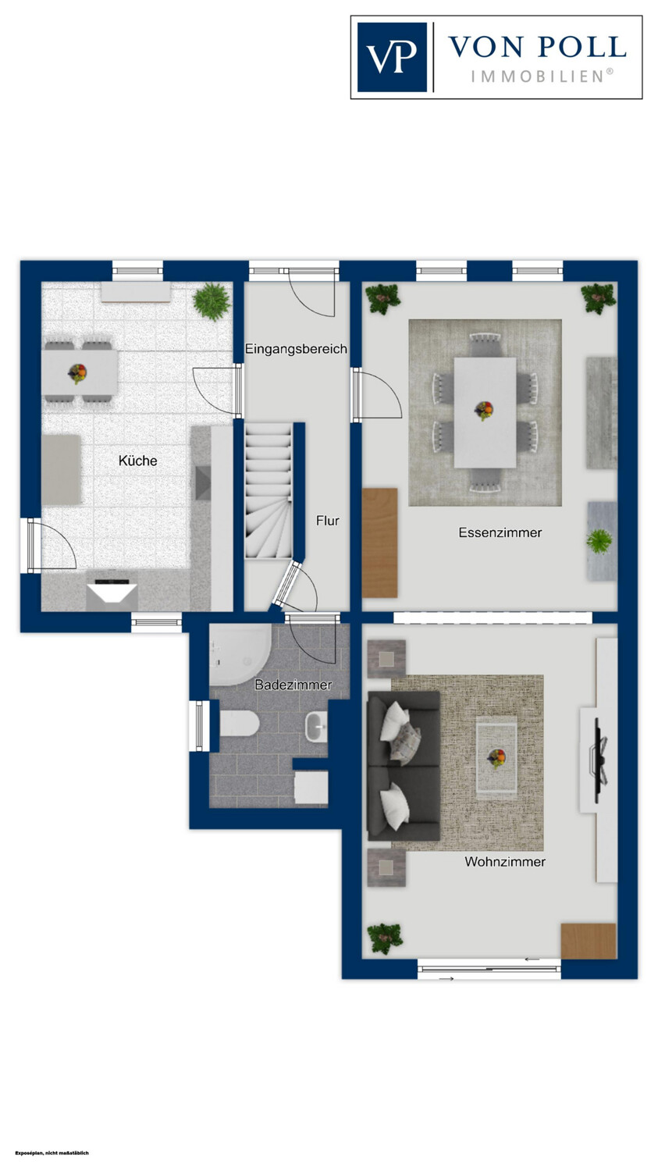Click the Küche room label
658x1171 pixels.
coord(138,461)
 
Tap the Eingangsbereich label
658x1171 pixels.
coord(297,349)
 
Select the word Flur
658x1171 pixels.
coord(328,521)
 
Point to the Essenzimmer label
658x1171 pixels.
coord(500,532)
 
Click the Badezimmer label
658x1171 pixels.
coord(293,685)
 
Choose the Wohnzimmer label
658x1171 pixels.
coord(505,862)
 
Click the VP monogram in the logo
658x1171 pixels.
coord(392,57)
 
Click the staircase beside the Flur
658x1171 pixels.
coord(269,491)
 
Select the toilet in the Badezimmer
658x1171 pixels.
coord(240,724)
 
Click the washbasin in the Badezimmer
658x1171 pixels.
coord(316,726)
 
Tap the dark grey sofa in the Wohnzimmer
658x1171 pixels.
coord(404,766)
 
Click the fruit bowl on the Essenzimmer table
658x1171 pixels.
coord(484,411)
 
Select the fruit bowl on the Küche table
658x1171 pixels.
coord(78,374)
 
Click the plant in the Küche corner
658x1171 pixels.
coord(212,301)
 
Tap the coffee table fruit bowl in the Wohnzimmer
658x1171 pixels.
coord(496,757)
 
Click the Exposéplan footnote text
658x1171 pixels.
coord(52,1153)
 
